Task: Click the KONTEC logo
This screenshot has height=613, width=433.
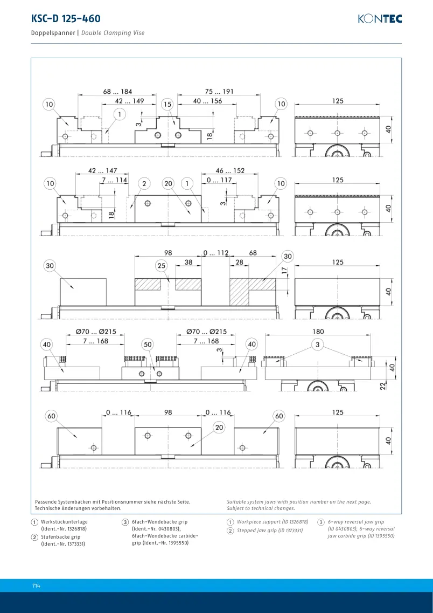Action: pyautogui.click(x=380, y=19)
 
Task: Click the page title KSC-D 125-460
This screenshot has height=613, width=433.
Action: pyautogui.click(x=66, y=18)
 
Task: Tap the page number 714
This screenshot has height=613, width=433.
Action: pyautogui.click(x=36, y=586)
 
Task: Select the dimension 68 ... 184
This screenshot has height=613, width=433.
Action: pyautogui.click(x=117, y=92)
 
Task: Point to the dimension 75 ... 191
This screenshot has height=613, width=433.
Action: pyautogui.click(x=219, y=92)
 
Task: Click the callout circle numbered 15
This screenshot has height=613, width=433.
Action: pyautogui.click(x=167, y=105)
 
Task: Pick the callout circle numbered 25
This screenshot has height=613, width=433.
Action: pyautogui.click(x=161, y=266)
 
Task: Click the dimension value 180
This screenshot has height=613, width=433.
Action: pyautogui.click(x=318, y=332)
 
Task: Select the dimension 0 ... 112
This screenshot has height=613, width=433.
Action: pyautogui.click(x=216, y=253)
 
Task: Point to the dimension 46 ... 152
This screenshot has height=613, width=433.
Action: pyautogui.click(x=230, y=171)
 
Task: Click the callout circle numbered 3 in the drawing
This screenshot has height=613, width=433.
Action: pyautogui.click(x=318, y=345)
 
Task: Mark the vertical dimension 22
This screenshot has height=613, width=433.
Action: pyautogui.click(x=383, y=385)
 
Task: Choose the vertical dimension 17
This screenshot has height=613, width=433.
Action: pyautogui.click(x=284, y=270)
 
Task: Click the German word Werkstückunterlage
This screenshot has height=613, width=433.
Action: pyautogui.click(x=65, y=522)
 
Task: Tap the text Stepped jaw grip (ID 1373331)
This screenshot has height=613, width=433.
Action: pyautogui.click(x=270, y=531)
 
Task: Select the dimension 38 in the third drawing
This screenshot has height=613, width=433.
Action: pyautogui.click(x=188, y=263)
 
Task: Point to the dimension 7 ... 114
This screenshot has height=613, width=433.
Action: pyautogui.click(x=114, y=180)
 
